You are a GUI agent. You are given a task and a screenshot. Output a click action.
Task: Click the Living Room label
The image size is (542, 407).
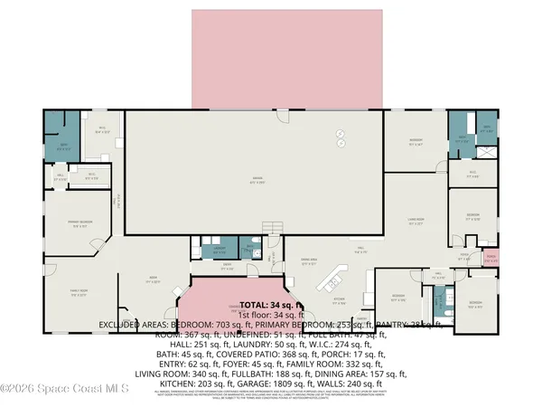(416, 222)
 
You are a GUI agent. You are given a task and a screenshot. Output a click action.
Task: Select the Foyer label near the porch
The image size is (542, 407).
(465, 256)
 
